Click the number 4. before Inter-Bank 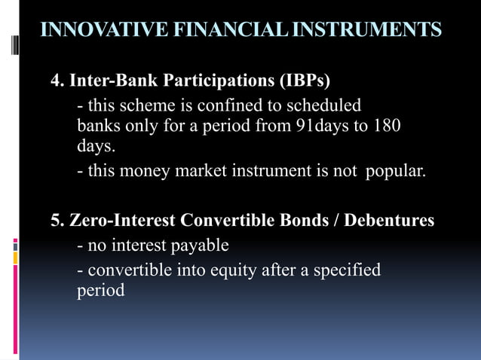coord(57,81)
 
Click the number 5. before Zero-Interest coord(57,221)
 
